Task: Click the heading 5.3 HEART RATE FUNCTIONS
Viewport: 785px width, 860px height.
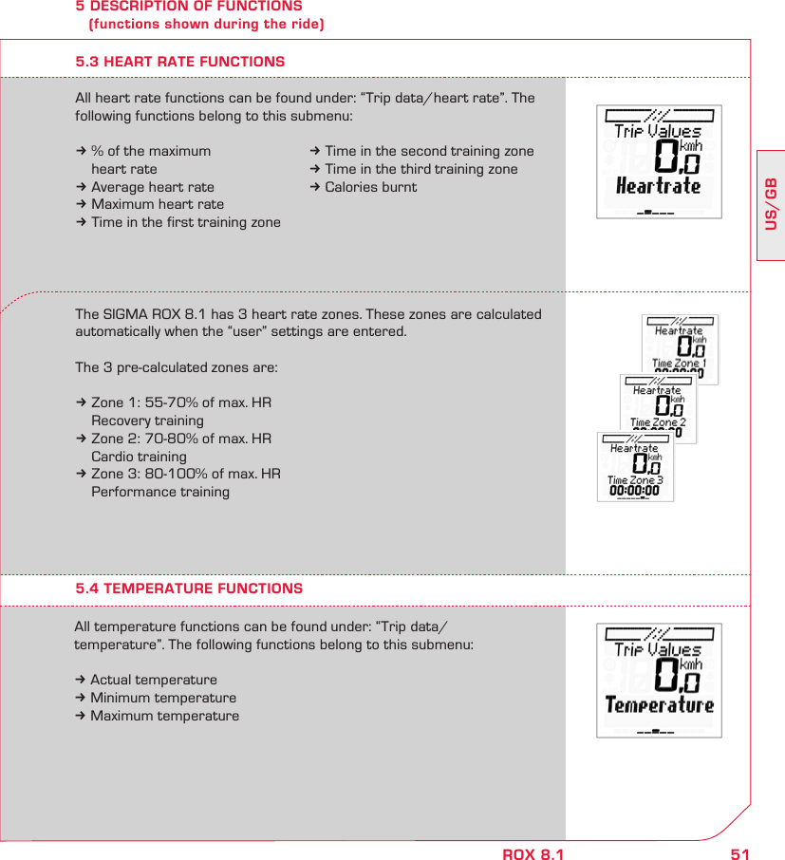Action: [x=179, y=62]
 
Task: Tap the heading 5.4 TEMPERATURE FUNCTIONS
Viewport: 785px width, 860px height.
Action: [x=189, y=589]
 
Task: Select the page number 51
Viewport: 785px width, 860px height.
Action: [x=739, y=854]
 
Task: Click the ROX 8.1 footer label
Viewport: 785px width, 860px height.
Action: [x=533, y=854]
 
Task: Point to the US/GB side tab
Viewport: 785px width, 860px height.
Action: [x=771, y=204]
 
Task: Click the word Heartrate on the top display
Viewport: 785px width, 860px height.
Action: [x=658, y=185]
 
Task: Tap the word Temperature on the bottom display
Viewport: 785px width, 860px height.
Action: [x=659, y=704]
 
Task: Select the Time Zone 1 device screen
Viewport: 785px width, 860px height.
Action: [x=680, y=349]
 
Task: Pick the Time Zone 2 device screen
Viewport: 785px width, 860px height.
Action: [x=658, y=408]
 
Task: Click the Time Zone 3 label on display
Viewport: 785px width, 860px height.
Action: [x=635, y=480]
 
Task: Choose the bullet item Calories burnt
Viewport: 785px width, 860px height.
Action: [x=370, y=187]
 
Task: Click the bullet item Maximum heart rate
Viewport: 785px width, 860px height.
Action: [x=158, y=204]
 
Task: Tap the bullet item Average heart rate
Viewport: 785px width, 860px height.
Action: [x=153, y=187]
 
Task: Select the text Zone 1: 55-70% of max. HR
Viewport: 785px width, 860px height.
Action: [x=180, y=403]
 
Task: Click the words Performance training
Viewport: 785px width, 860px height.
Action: [x=159, y=492]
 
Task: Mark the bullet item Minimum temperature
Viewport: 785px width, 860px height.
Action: [x=163, y=698]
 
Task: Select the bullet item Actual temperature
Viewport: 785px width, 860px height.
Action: [x=153, y=680]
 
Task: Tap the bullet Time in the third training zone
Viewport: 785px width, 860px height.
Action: [x=421, y=169]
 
